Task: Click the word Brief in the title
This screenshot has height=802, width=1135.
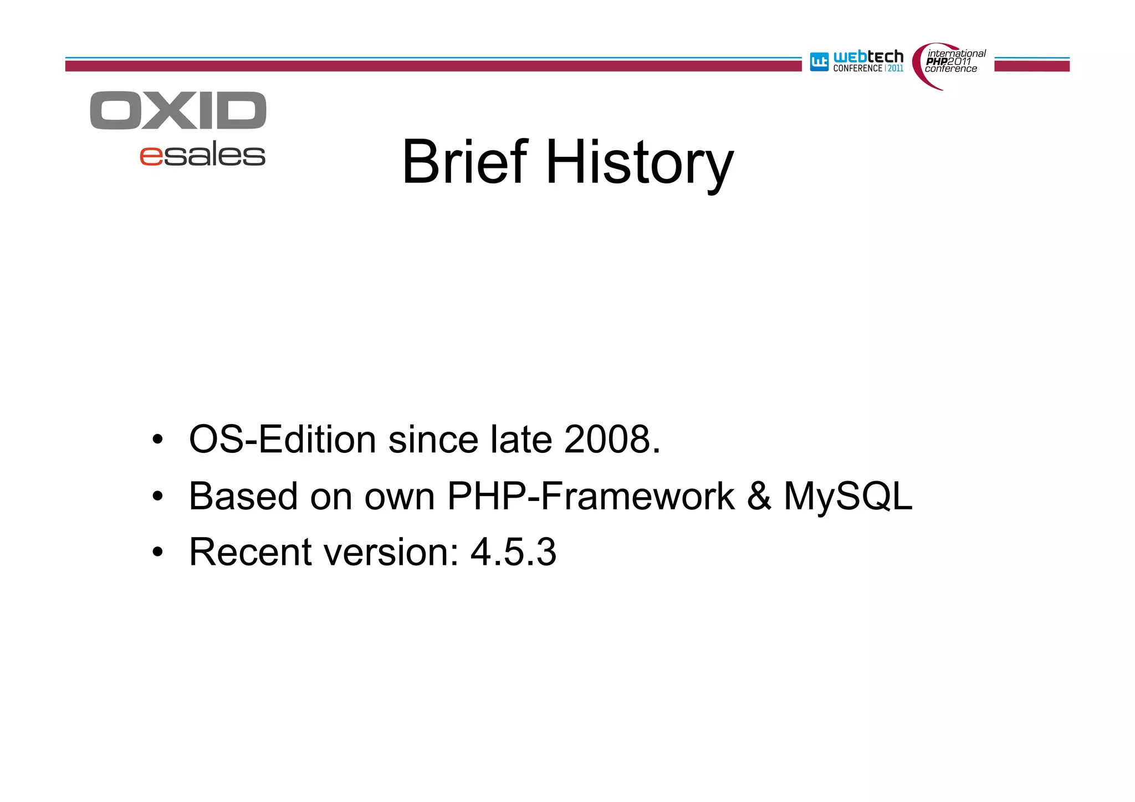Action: (x=464, y=162)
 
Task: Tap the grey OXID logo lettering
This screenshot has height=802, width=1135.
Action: (x=178, y=111)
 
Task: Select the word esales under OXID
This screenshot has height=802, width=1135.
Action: (x=202, y=155)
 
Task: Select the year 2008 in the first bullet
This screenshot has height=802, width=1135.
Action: (x=607, y=440)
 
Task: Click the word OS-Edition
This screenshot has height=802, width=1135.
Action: (x=283, y=440)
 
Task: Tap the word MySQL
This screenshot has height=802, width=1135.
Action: (x=847, y=496)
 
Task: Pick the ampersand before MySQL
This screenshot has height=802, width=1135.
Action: (x=759, y=496)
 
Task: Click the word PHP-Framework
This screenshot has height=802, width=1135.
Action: (x=591, y=496)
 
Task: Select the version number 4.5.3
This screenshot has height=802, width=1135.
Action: (x=513, y=553)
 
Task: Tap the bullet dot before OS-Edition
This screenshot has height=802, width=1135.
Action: (x=158, y=440)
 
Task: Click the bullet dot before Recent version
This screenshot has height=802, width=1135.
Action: (x=158, y=553)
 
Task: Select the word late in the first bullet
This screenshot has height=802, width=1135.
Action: (x=521, y=440)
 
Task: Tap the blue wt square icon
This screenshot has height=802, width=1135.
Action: (x=819, y=62)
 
